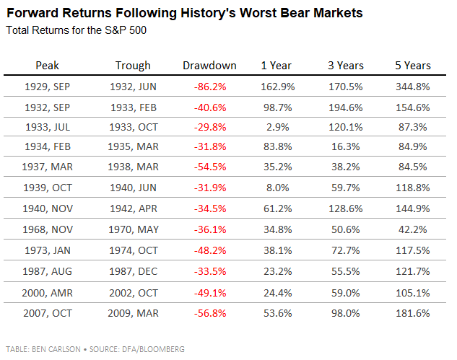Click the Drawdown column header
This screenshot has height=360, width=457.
[209, 66]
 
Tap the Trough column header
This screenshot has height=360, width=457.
[133, 66]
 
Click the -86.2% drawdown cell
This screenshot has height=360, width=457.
[209, 87]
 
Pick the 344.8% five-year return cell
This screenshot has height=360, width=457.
[413, 87]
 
